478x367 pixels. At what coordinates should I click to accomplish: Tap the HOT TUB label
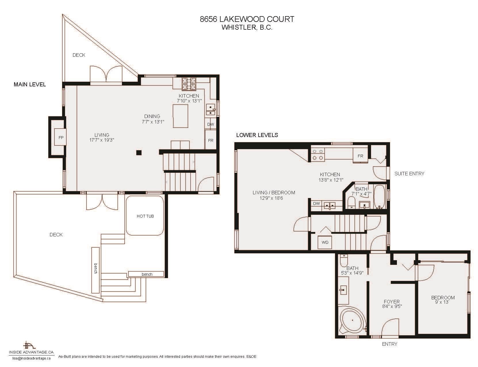pos(145,216)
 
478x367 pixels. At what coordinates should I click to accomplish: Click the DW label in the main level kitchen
pos(211,124)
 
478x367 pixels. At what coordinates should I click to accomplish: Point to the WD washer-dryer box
pos(325,242)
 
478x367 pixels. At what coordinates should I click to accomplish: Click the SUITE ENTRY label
pos(409,174)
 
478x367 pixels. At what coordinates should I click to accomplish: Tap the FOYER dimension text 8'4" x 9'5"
pos(392,306)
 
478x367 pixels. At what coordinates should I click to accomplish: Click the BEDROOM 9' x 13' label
pos(443,300)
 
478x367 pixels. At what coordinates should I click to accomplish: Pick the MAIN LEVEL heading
pos(30,84)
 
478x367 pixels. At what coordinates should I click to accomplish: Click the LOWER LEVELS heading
pos(257,135)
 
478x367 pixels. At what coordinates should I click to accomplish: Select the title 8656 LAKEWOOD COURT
pos(247,19)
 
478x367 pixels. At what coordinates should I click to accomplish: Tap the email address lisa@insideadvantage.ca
pos(31,358)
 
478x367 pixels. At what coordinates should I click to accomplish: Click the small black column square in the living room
pos(139,153)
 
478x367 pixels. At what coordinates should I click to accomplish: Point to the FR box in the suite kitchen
pos(360,156)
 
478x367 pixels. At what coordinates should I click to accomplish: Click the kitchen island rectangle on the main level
pos(180,116)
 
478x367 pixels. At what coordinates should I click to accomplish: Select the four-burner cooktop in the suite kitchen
pos(318,155)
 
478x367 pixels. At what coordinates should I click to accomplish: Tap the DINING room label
pos(152,116)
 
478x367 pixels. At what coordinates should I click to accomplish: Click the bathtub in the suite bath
pos(379,197)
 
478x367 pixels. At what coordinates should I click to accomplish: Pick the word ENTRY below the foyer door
pos(390,344)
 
